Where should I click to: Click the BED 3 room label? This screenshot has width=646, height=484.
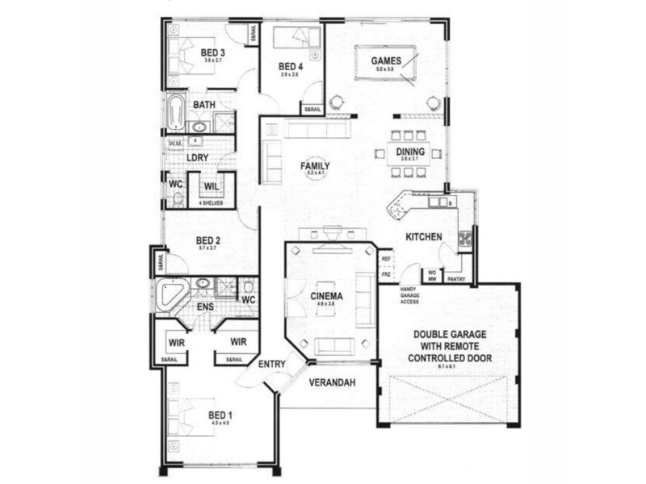pos(213,53)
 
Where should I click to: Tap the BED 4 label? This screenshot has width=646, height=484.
pos(290,66)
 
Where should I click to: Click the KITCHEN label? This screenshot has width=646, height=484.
pos(423,237)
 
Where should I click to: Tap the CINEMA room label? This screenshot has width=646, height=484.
pos(327,296)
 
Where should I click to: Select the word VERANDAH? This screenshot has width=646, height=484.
pos(332,382)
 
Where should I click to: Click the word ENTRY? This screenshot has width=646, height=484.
pos(272,365)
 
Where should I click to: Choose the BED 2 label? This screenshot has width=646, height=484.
pos(208,240)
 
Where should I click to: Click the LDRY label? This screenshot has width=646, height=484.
pos(198,157)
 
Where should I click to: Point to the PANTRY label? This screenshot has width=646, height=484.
pos(456,279)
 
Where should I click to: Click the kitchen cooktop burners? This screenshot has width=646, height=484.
pos(466,238)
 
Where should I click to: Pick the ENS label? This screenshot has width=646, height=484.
pos(206,307)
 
